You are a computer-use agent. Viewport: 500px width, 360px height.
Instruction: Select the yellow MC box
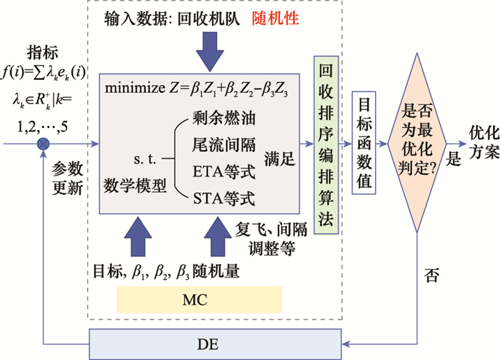pos(194,299)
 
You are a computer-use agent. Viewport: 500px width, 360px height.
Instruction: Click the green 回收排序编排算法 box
pos(325,144)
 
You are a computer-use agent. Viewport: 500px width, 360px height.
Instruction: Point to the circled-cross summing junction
pos(44,144)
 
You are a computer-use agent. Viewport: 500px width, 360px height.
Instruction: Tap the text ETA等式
pos(221,171)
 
